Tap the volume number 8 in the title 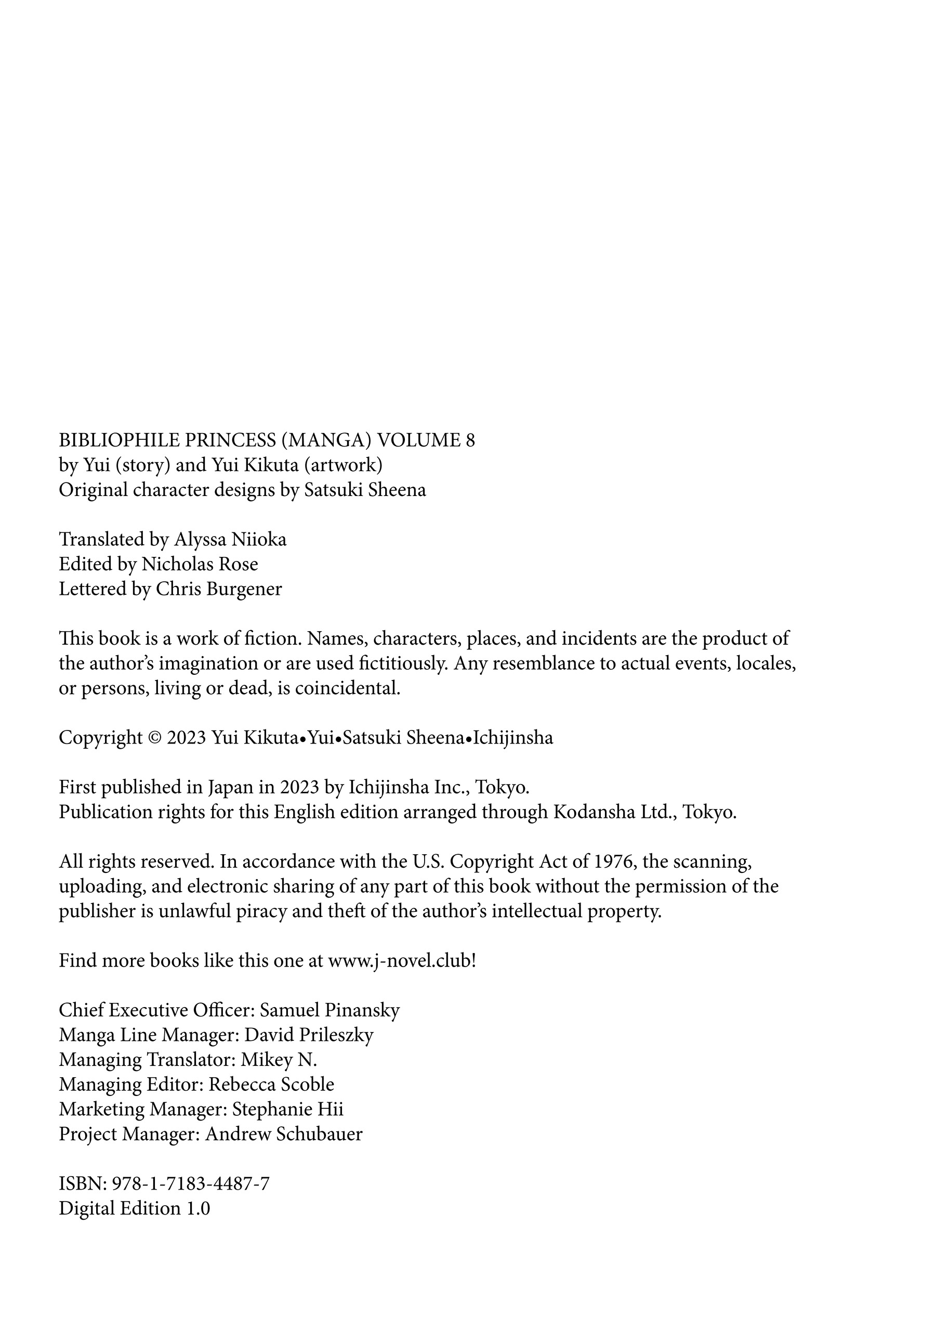point(470,440)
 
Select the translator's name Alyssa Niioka point(230,540)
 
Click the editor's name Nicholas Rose point(200,564)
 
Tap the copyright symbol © point(154,738)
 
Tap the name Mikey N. point(279,1060)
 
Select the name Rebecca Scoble point(271,1085)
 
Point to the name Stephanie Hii point(287,1110)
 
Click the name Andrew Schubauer point(284,1134)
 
